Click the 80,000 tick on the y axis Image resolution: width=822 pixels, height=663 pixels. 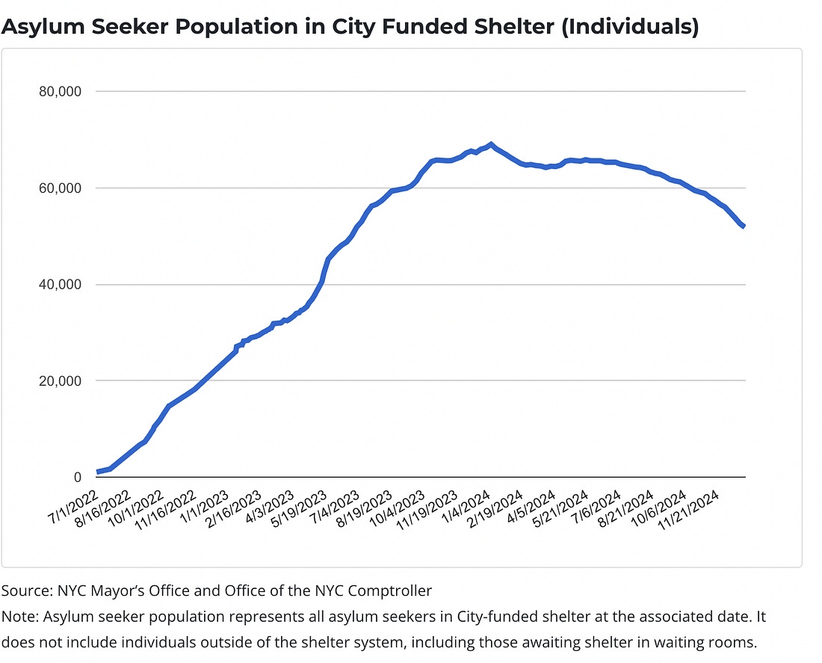58,91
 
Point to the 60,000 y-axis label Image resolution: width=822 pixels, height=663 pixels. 58,188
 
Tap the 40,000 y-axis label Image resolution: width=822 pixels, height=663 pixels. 58,284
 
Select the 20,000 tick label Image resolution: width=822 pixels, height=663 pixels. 58,380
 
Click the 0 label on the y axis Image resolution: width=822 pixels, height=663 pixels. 77,477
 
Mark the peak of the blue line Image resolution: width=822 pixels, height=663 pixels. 491,144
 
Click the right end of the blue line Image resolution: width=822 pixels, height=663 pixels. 744,226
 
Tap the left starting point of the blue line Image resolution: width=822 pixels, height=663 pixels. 97,472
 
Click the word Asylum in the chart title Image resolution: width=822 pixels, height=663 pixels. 36,27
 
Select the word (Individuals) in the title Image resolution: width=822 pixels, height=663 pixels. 638,27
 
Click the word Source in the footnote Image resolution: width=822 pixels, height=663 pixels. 25,590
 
